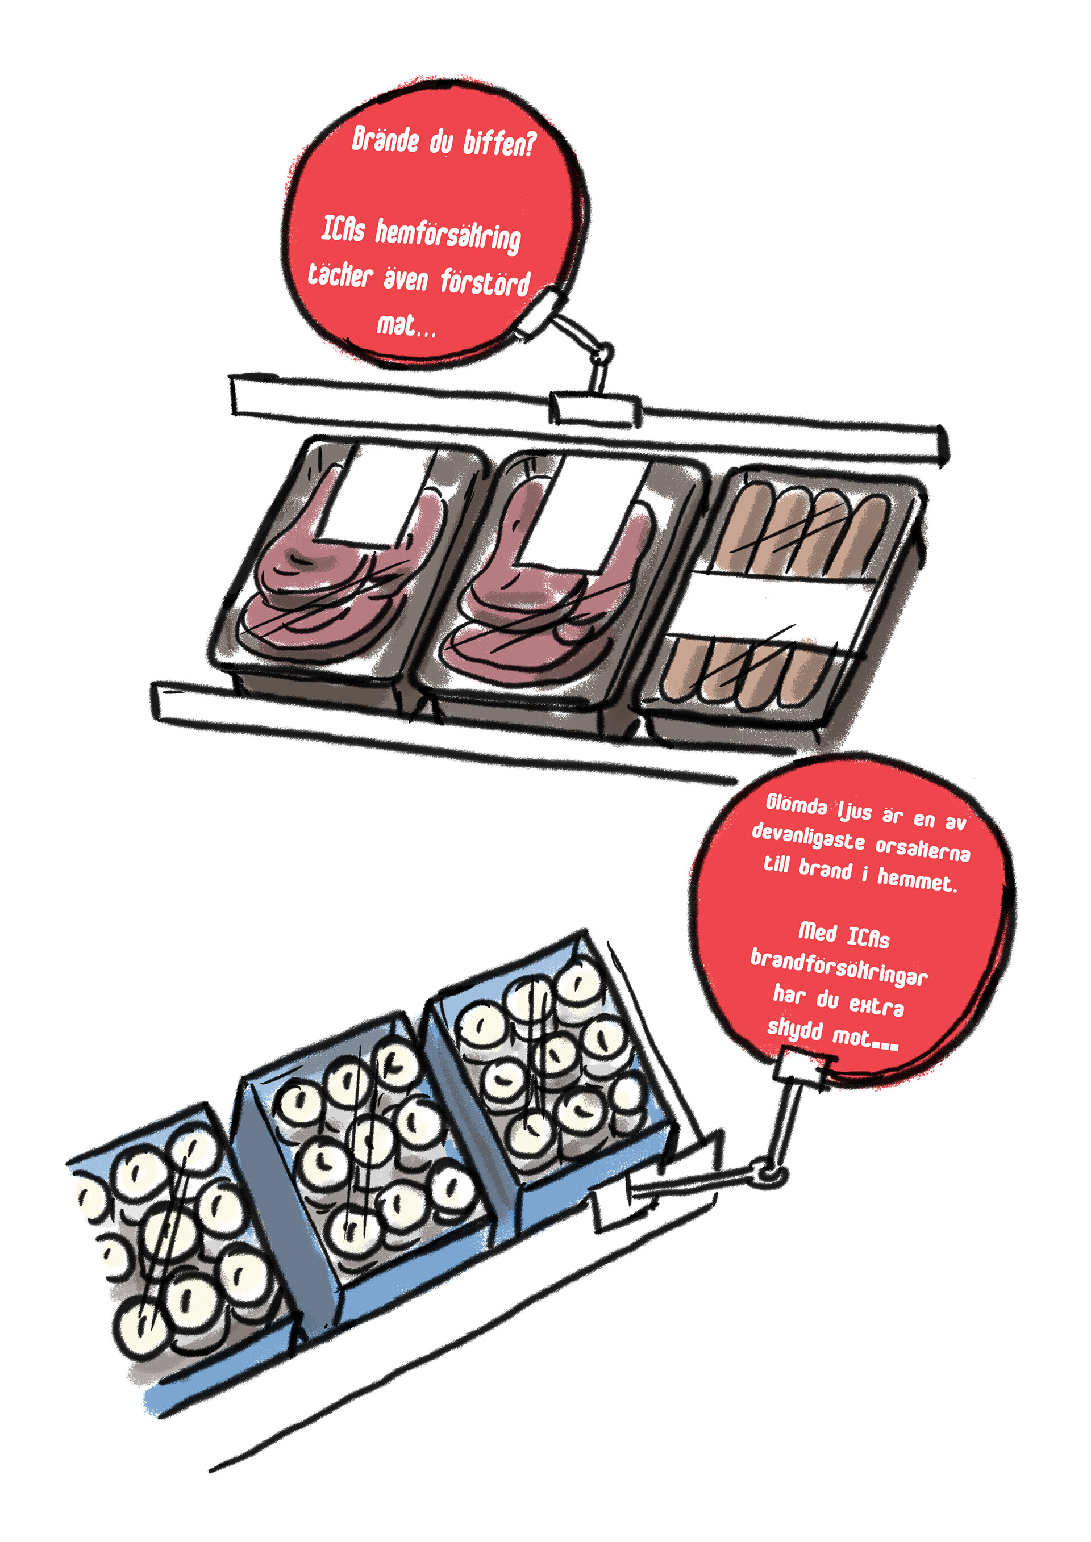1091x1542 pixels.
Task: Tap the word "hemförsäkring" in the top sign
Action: pyautogui.click(x=447, y=236)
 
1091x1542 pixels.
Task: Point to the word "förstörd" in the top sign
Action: pyautogui.click(x=485, y=282)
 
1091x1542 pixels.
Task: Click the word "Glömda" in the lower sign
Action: pyautogui.click(x=797, y=805)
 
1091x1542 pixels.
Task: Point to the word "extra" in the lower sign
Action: pyautogui.click(x=876, y=1005)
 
